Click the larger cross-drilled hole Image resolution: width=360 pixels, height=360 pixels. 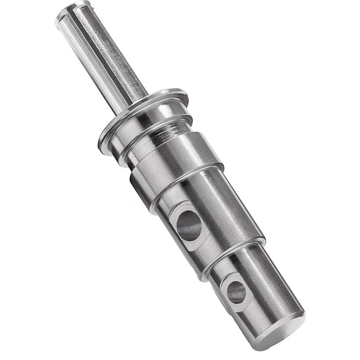click(189, 226)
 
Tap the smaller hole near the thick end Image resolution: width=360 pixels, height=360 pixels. click(236, 291)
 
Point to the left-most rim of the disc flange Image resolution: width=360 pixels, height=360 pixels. click(102, 142)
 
